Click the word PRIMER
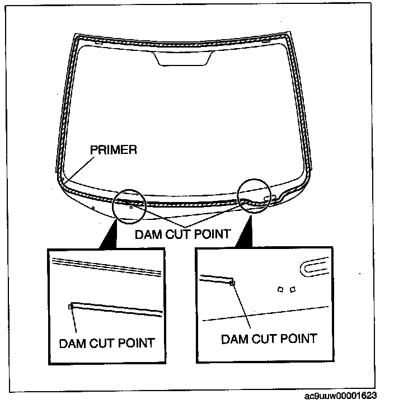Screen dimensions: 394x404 click(113, 150)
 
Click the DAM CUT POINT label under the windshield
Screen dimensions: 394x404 click(182, 234)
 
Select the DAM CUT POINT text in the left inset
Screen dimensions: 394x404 click(106, 342)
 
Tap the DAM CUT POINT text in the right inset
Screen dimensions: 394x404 click(269, 338)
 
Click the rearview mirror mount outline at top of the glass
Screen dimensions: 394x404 click(184, 58)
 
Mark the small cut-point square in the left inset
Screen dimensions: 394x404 click(71, 306)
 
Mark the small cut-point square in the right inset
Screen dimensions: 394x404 click(232, 283)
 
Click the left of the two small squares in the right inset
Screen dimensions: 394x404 click(281, 289)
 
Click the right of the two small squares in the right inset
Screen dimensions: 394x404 click(292, 289)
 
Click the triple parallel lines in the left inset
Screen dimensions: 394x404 click(106, 266)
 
